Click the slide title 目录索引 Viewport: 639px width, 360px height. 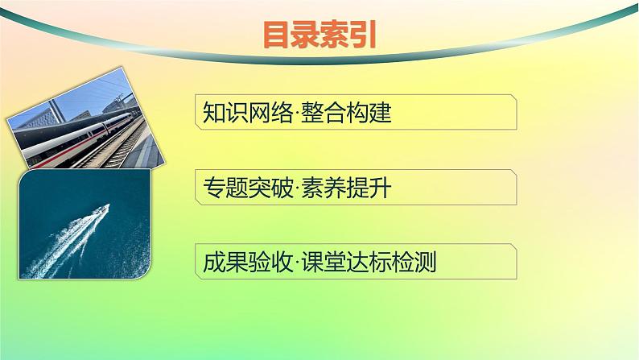319,35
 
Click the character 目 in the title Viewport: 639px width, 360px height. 278,35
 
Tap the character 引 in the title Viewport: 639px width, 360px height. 362,35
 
